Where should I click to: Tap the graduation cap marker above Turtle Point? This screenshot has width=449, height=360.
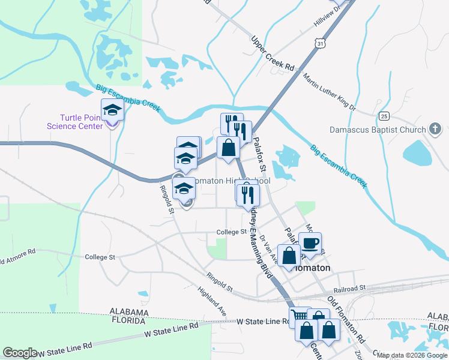112,110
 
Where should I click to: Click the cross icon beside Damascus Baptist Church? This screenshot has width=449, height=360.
436,129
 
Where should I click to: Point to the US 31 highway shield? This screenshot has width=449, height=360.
322,44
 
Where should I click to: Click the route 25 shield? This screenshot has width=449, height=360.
384,115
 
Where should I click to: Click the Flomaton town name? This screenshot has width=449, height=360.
312,268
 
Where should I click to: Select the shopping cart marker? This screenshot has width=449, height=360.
299,316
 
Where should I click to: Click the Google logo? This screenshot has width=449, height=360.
20,353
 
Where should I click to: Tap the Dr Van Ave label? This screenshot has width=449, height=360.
268,247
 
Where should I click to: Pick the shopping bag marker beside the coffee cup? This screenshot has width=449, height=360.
289,255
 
